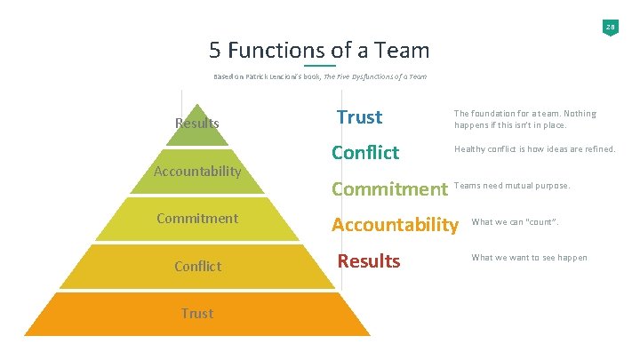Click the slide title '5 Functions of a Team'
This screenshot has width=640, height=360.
pos(319,50)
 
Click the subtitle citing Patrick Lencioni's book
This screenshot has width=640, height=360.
pos(319,76)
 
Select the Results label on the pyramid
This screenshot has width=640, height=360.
pos(197,124)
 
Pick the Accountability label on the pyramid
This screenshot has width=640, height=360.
pos(197,171)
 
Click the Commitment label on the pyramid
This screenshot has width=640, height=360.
pos(197,218)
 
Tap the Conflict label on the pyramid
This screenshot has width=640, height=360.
pos(197,266)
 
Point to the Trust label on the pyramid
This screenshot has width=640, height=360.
pos(197,313)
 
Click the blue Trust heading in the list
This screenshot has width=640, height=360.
pos(360,117)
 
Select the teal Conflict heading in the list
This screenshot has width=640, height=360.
pos(365,153)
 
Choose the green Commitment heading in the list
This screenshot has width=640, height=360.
pos(389,188)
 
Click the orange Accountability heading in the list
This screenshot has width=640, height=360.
pos(395,225)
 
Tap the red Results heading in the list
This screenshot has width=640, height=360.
pos(369,261)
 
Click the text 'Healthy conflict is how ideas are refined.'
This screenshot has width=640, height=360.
pos(534,149)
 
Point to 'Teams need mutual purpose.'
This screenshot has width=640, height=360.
pos(512,186)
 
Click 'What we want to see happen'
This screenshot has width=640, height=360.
pos(529,258)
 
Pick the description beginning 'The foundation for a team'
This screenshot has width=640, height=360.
pos(524,118)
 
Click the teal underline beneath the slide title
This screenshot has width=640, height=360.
pos(319,66)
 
